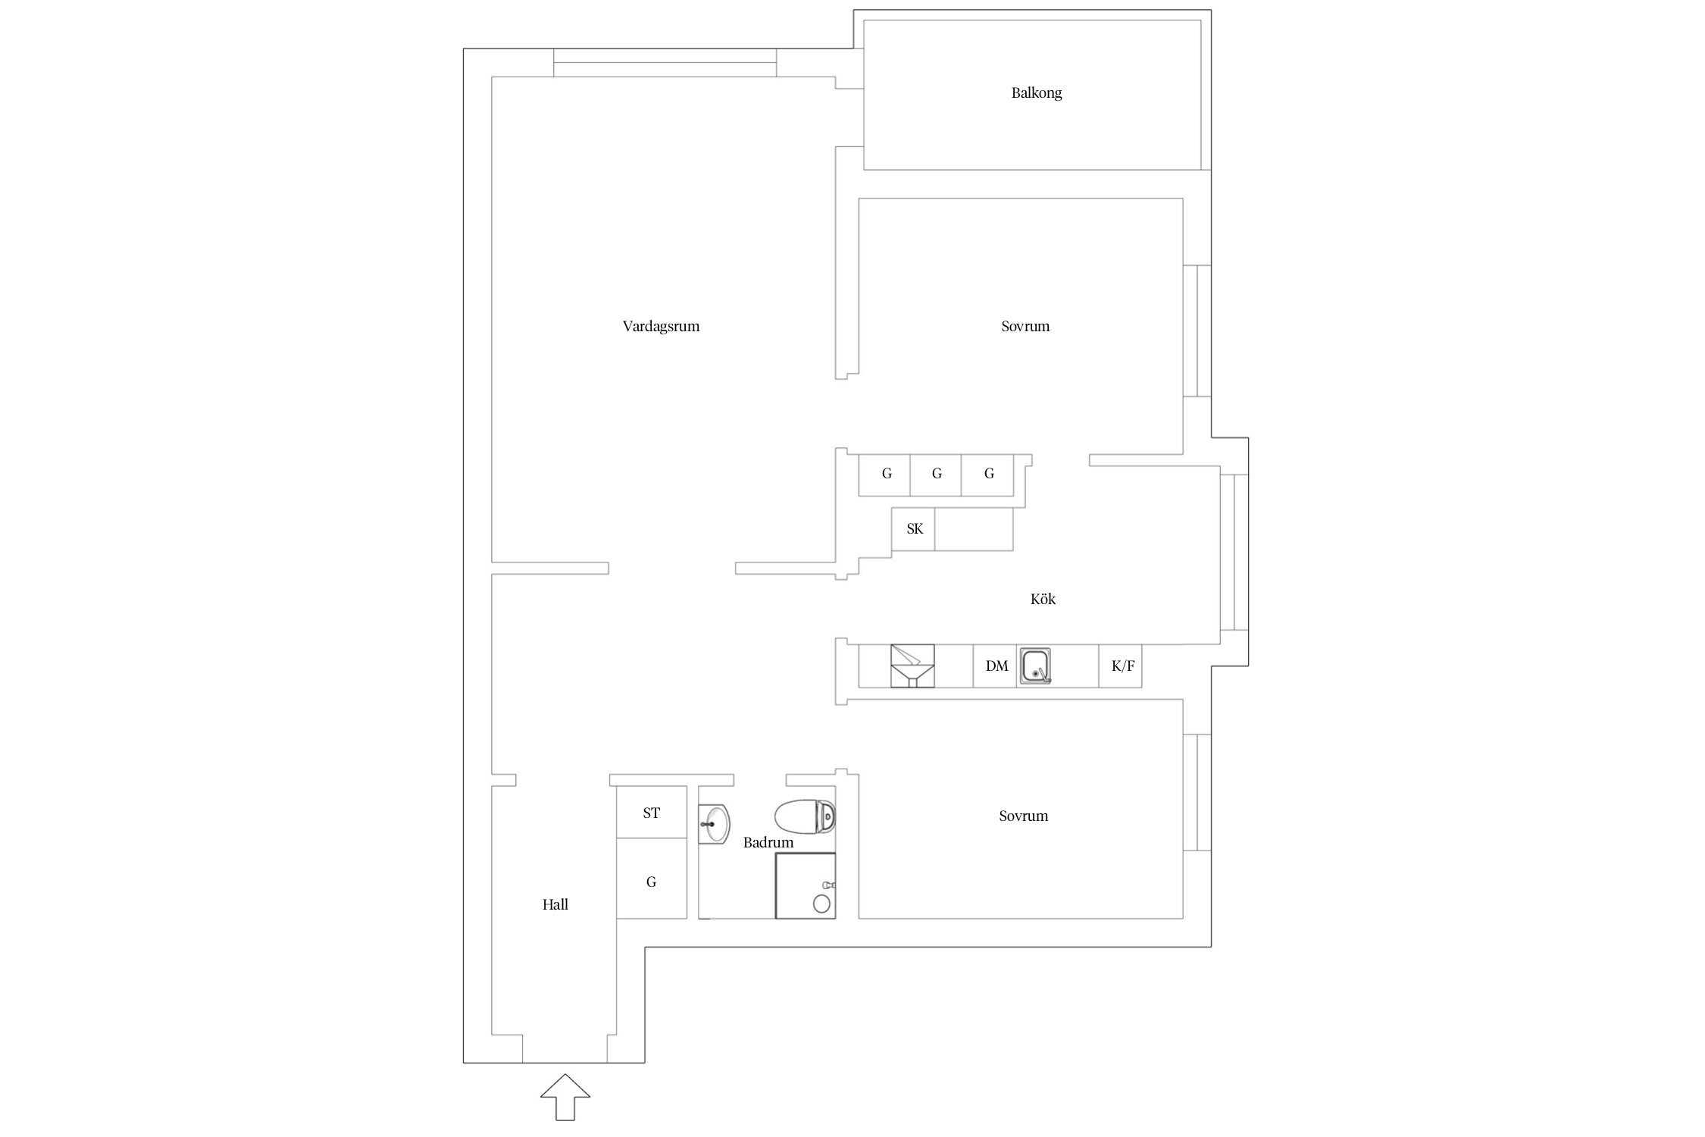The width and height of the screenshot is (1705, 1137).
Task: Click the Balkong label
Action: point(1036,93)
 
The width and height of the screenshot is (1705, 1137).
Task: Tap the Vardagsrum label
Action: point(661,327)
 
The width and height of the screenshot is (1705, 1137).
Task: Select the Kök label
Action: point(1043,599)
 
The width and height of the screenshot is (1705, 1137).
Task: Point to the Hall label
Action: point(555,904)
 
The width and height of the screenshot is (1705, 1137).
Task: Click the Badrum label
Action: point(768,842)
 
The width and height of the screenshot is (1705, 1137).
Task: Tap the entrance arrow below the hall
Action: point(565,1097)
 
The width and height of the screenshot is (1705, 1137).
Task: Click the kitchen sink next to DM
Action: point(1035,666)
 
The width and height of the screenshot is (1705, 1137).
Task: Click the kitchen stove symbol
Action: point(912,666)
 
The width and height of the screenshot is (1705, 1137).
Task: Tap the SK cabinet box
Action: point(913,529)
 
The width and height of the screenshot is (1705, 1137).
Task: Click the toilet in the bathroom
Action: point(805,816)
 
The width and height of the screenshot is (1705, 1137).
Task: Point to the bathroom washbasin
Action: point(714,823)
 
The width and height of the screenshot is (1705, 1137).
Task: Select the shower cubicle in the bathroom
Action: point(805,885)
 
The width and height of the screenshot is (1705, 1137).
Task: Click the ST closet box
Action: point(652,812)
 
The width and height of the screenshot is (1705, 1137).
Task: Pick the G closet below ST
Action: point(652,879)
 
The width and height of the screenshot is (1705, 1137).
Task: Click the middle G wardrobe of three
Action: point(936,475)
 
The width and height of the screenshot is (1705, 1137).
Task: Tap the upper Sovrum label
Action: point(1025,327)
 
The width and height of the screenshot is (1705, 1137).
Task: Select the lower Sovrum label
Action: point(1023,816)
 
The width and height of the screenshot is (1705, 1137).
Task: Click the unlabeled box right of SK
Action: point(974,529)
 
